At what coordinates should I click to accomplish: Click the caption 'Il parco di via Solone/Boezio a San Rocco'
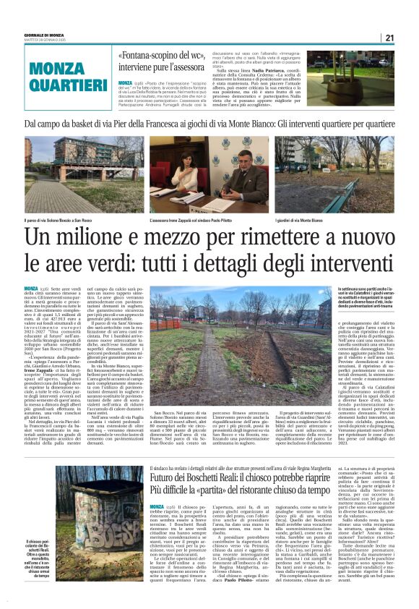[61, 219]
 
